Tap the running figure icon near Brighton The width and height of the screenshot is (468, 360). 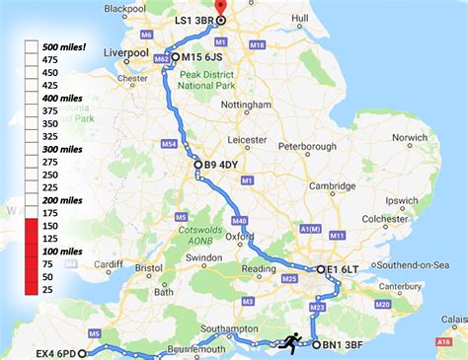290,341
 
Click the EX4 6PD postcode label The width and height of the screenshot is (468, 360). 55,350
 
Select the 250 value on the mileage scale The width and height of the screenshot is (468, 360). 49,174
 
